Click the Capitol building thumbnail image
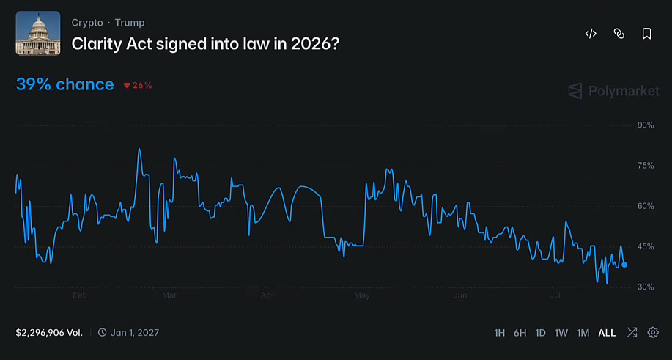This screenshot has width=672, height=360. coord(38,34)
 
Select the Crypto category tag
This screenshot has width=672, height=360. coord(87,23)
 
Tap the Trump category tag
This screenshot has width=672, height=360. coord(130,23)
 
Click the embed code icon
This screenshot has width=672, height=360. coord(591,34)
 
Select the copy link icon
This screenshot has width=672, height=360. coord(619,34)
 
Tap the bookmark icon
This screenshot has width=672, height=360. coord(646,34)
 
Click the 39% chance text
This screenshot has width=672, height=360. coord(64,85)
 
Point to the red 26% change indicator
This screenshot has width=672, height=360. coord(138,85)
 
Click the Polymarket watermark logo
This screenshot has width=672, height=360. coord(613,91)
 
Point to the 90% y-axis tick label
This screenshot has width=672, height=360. coord(646,125)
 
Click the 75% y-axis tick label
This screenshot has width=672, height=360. coord(646,166)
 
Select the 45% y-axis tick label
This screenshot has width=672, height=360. coord(646,246)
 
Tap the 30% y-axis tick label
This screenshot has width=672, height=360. coord(646,287)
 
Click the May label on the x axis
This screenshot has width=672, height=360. coord(362,295)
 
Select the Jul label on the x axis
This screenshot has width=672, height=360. coord(555,295)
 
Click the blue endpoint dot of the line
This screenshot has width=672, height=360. coord(624,265)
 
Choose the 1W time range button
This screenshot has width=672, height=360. coord(561,333)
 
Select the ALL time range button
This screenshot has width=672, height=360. coord(607,333)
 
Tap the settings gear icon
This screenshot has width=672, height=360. coord(653,332)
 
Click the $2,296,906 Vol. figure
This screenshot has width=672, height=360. coord(49,333)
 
